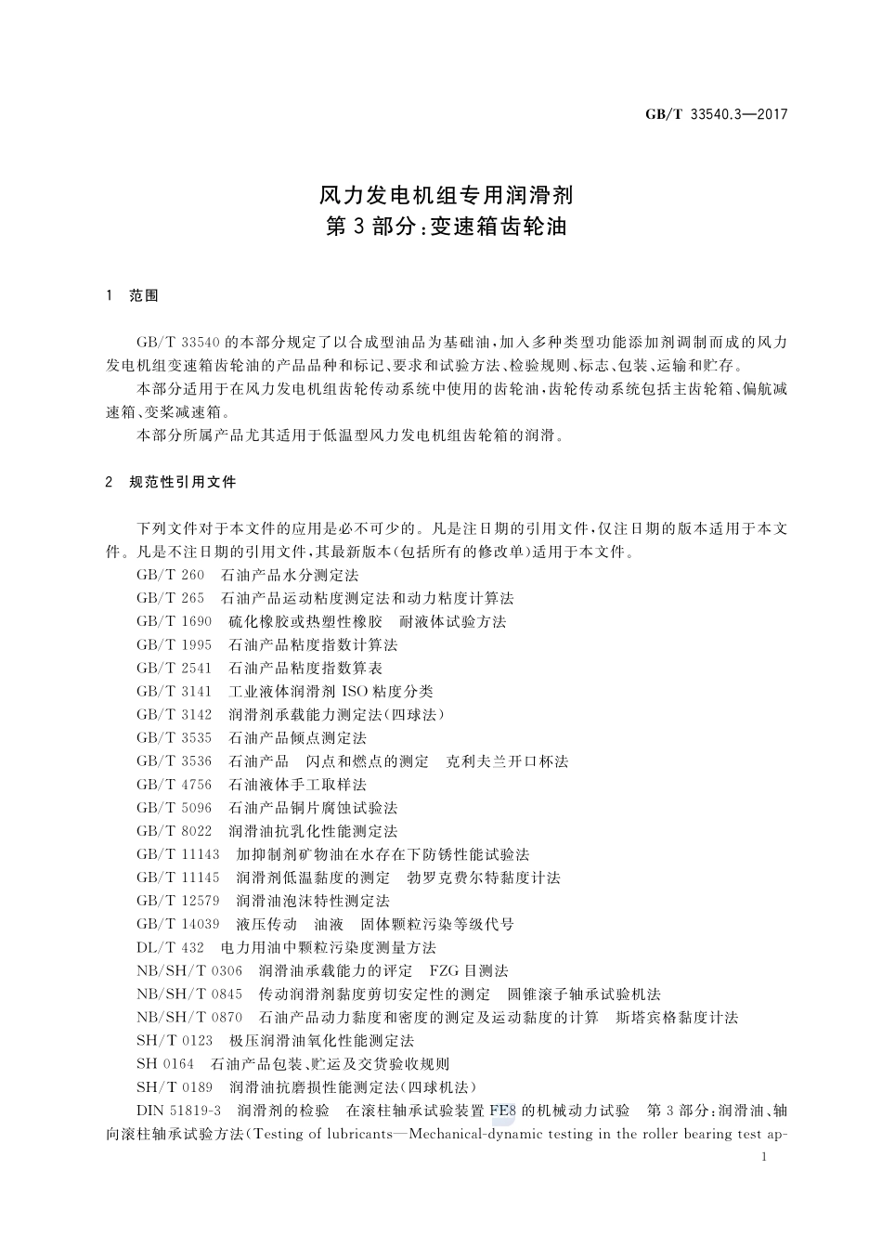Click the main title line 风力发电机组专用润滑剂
coord(447,196)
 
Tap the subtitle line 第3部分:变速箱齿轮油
coord(447,227)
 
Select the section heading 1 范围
coord(133,296)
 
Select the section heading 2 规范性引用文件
coord(172,482)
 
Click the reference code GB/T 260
coord(170,576)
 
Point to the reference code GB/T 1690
coord(174,622)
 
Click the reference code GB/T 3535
coord(174,738)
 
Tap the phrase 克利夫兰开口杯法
coord(507,761)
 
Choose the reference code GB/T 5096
coord(174,808)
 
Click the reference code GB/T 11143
coord(177,854)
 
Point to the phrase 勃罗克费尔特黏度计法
coord(484,877)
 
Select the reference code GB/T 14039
coord(177,924)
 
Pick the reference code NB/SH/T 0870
coord(189,1018)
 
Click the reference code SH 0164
coord(165,1064)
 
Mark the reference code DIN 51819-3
coord(179,1111)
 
